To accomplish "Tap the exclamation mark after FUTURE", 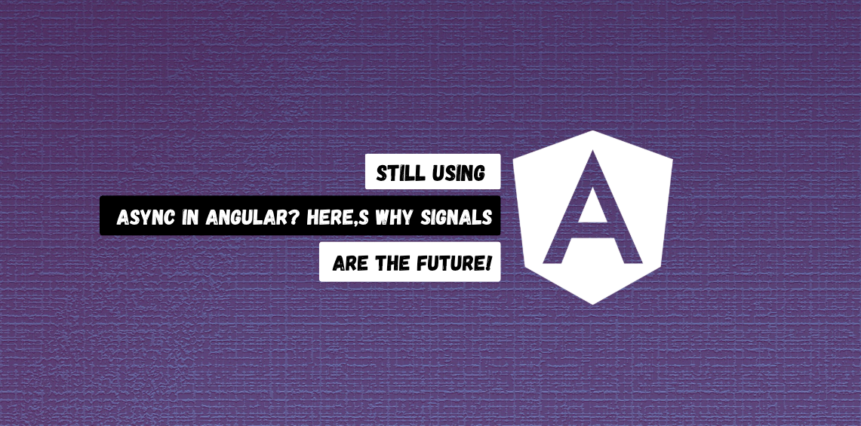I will (x=490, y=263).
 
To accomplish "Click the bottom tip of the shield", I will (x=593, y=302).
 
